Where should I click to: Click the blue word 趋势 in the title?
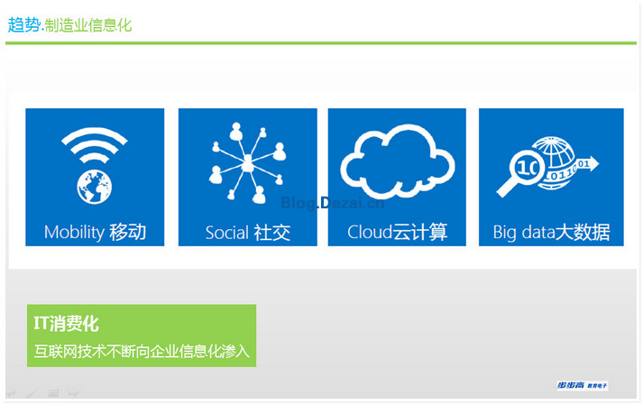[x=23, y=25]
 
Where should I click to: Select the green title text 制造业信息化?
[x=88, y=25]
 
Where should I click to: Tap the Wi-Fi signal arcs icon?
[x=95, y=145]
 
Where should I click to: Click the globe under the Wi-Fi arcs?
[x=95, y=187]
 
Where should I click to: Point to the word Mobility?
[x=74, y=232]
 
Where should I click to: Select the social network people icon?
[x=248, y=163]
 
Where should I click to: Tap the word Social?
[x=227, y=233]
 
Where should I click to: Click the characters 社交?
[x=271, y=233]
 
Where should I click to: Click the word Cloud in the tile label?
[x=370, y=232]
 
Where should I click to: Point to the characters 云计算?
[x=420, y=232]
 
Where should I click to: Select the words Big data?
[x=524, y=233]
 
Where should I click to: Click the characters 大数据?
[x=583, y=232]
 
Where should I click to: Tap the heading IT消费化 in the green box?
[x=66, y=324]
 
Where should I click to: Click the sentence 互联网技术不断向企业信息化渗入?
[x=142, y=351]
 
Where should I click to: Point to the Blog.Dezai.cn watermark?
[x=333, y=203]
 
